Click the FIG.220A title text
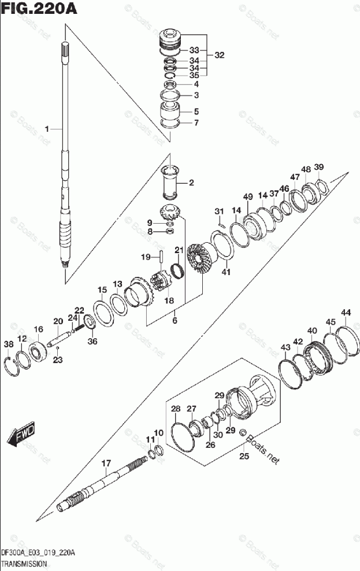(x=39, y=8)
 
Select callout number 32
(x=219, y=55)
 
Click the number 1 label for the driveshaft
(x=47, y=129)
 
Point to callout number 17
(x=106, y=464)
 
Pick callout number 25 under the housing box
(x=244, y=456)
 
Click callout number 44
(x=346, y=313)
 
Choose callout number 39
(x=319, y=167)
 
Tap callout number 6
(x=175, y=320)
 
